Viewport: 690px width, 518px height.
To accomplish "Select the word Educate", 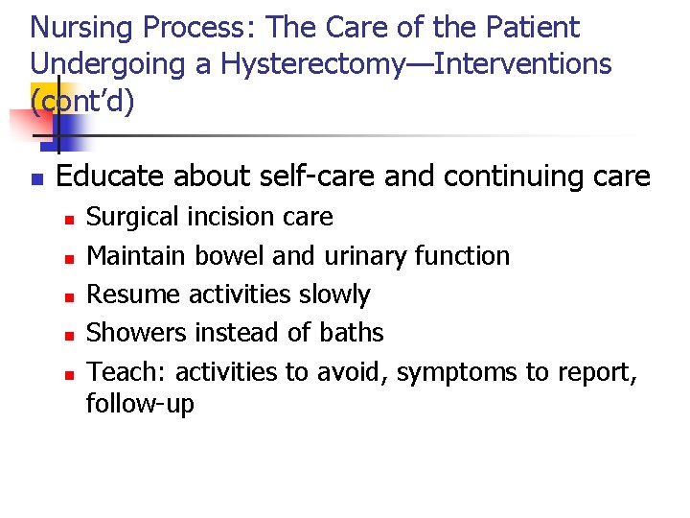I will [x=107, y=177].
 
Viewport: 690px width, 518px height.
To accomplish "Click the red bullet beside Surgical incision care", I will [x=69, y=219].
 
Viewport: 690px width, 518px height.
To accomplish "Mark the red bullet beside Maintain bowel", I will [x=69, y=257].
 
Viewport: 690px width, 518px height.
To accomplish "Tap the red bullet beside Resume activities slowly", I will [x=69, y=295].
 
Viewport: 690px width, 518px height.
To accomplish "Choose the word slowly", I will [x=334, y=294].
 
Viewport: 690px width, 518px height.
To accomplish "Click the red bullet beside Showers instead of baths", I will [x=69, y=334].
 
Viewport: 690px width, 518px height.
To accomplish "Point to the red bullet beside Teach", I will [x=69, y=372].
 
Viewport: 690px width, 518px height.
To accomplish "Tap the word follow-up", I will [x=140, y=404].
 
